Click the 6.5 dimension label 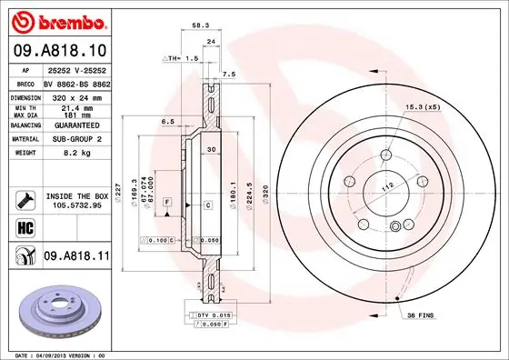pos(168,121)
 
